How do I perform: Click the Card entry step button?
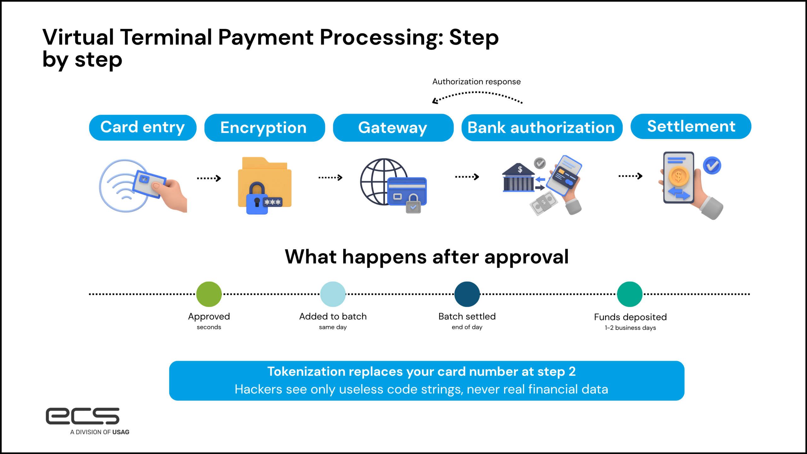pos(142,127)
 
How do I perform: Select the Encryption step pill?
pos(264,128)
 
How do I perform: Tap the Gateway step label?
pos(393,128)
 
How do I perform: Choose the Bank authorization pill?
pos(541,128)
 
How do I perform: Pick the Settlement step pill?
pos(691,126)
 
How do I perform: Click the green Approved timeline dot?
pos(209,294)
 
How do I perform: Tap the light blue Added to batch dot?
pos(333,294)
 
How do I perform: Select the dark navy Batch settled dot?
pos(467,294)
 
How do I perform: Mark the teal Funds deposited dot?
pos(630,294)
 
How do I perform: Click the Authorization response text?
pos(476,82)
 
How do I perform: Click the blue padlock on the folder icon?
pos(257,199)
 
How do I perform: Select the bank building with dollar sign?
pos(518,178)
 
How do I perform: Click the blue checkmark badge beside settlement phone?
pos(712,166)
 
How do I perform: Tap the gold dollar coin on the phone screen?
pos(678,176)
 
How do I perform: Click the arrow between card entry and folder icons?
pos(209,178)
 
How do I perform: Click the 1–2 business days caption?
pos(630,328)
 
